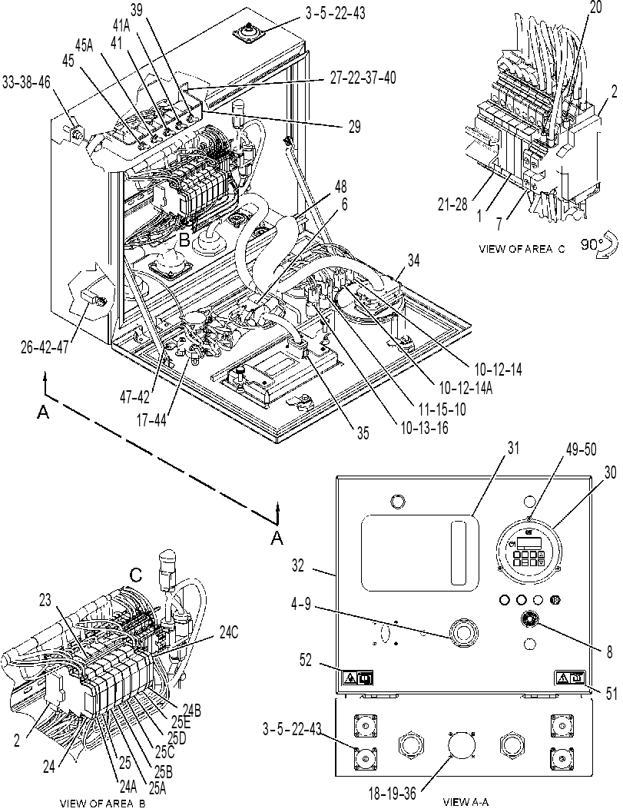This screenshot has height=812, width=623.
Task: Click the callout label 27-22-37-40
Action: click(363, 78)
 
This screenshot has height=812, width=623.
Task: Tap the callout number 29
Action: click(354, 126)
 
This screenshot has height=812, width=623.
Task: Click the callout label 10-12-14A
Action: click(465, 388)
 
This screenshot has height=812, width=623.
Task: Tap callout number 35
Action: click(363, 433)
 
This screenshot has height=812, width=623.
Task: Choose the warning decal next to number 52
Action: click(357, 678)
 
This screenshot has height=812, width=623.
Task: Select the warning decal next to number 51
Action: click(570, 677)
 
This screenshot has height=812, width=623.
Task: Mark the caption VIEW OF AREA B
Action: click(102, 804)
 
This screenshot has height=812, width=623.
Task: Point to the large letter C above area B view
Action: click(136, 575)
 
